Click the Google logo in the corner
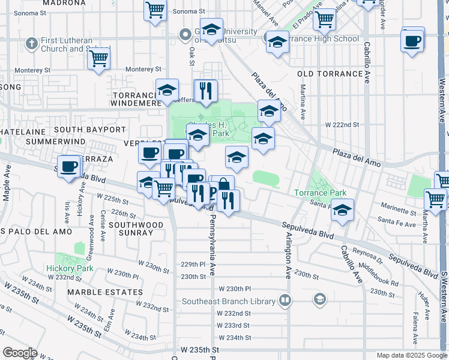coord(20,352)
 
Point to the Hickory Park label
coord(69,268)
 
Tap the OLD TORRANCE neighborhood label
coord(330,74)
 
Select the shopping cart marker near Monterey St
coord(98,59)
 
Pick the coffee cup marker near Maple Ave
coord(69,166)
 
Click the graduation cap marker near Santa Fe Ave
coord(342,209)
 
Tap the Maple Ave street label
coord(6,187)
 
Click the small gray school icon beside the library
coord(320,299)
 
